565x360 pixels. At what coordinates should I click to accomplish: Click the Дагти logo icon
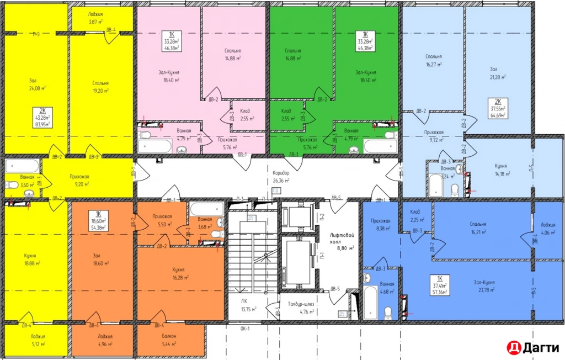513,347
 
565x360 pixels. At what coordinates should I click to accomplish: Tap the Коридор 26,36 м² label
281,176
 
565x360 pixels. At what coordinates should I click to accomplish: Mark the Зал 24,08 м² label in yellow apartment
38,84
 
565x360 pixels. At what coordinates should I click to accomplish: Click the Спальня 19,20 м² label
101,86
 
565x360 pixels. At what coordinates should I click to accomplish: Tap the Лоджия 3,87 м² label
97,17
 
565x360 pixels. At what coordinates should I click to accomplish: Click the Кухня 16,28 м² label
178,273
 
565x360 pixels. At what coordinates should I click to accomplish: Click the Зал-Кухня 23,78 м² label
484,285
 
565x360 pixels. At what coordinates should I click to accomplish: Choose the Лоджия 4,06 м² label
548,228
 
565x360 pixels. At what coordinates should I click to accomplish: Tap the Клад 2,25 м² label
415,215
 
